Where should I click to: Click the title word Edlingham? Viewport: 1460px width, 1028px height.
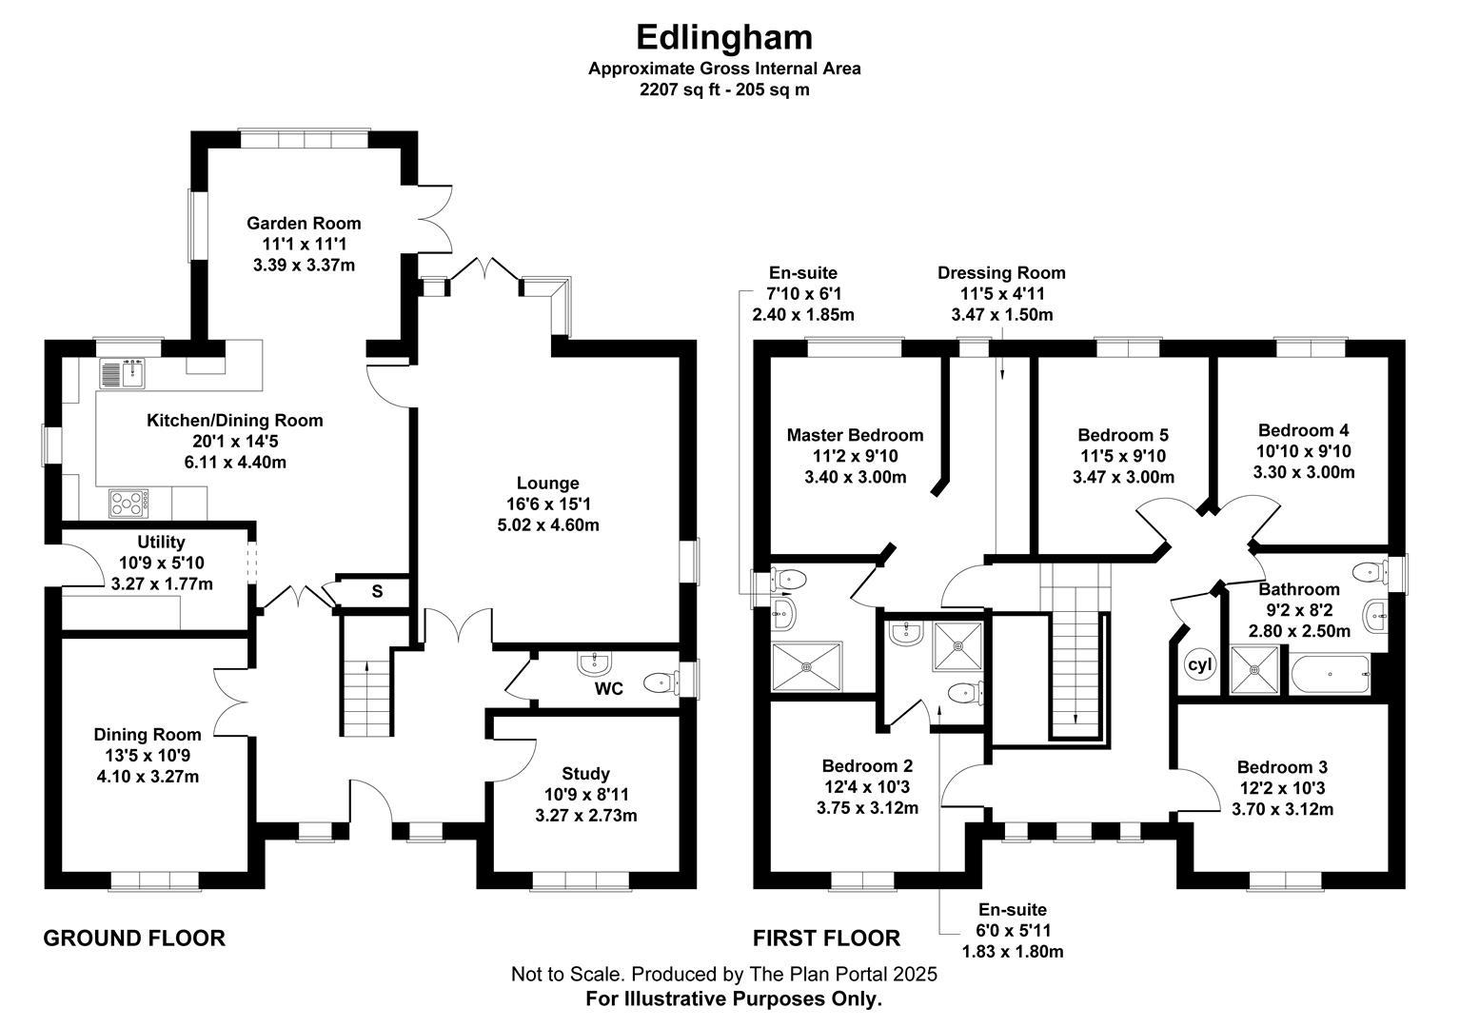pos(724,37)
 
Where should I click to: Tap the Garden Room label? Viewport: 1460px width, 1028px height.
pos(304,224)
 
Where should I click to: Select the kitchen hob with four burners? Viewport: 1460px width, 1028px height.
pos(128,502)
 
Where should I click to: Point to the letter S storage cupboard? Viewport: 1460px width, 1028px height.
pos(377,591)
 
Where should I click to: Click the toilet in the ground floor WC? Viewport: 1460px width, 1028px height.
pos(660,682)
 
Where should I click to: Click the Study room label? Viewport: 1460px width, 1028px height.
pos(585,773)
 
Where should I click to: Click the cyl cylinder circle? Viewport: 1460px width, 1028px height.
pos(1199,664)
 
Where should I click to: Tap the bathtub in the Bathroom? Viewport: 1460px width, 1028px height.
pos(1330,675)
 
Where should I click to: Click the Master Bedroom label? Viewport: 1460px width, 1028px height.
pos(855,435)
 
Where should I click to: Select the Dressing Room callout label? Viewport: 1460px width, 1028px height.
pos(1001,273)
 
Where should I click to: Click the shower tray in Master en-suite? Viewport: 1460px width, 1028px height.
pos(806,665)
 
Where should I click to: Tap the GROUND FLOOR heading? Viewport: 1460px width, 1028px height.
pos(134,939)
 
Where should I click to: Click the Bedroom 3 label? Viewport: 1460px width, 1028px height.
pos(1282,767)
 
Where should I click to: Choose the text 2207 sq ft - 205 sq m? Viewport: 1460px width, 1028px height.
pos(724,90)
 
